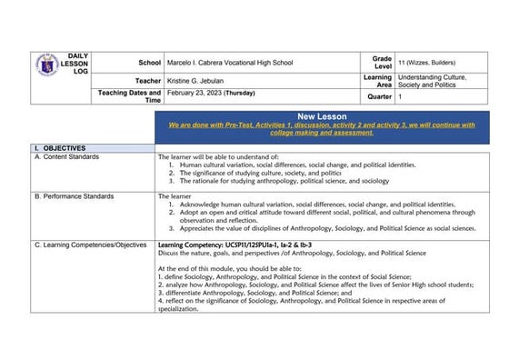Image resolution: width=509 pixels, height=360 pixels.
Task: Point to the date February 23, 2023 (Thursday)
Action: [211, 93]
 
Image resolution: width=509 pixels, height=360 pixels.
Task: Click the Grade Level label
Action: [382, 63]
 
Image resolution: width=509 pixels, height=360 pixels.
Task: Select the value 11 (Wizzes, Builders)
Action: [431, 63]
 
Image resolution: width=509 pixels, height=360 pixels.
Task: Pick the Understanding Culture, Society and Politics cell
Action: [437, 81]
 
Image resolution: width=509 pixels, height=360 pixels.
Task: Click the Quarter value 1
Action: [400, 95]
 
